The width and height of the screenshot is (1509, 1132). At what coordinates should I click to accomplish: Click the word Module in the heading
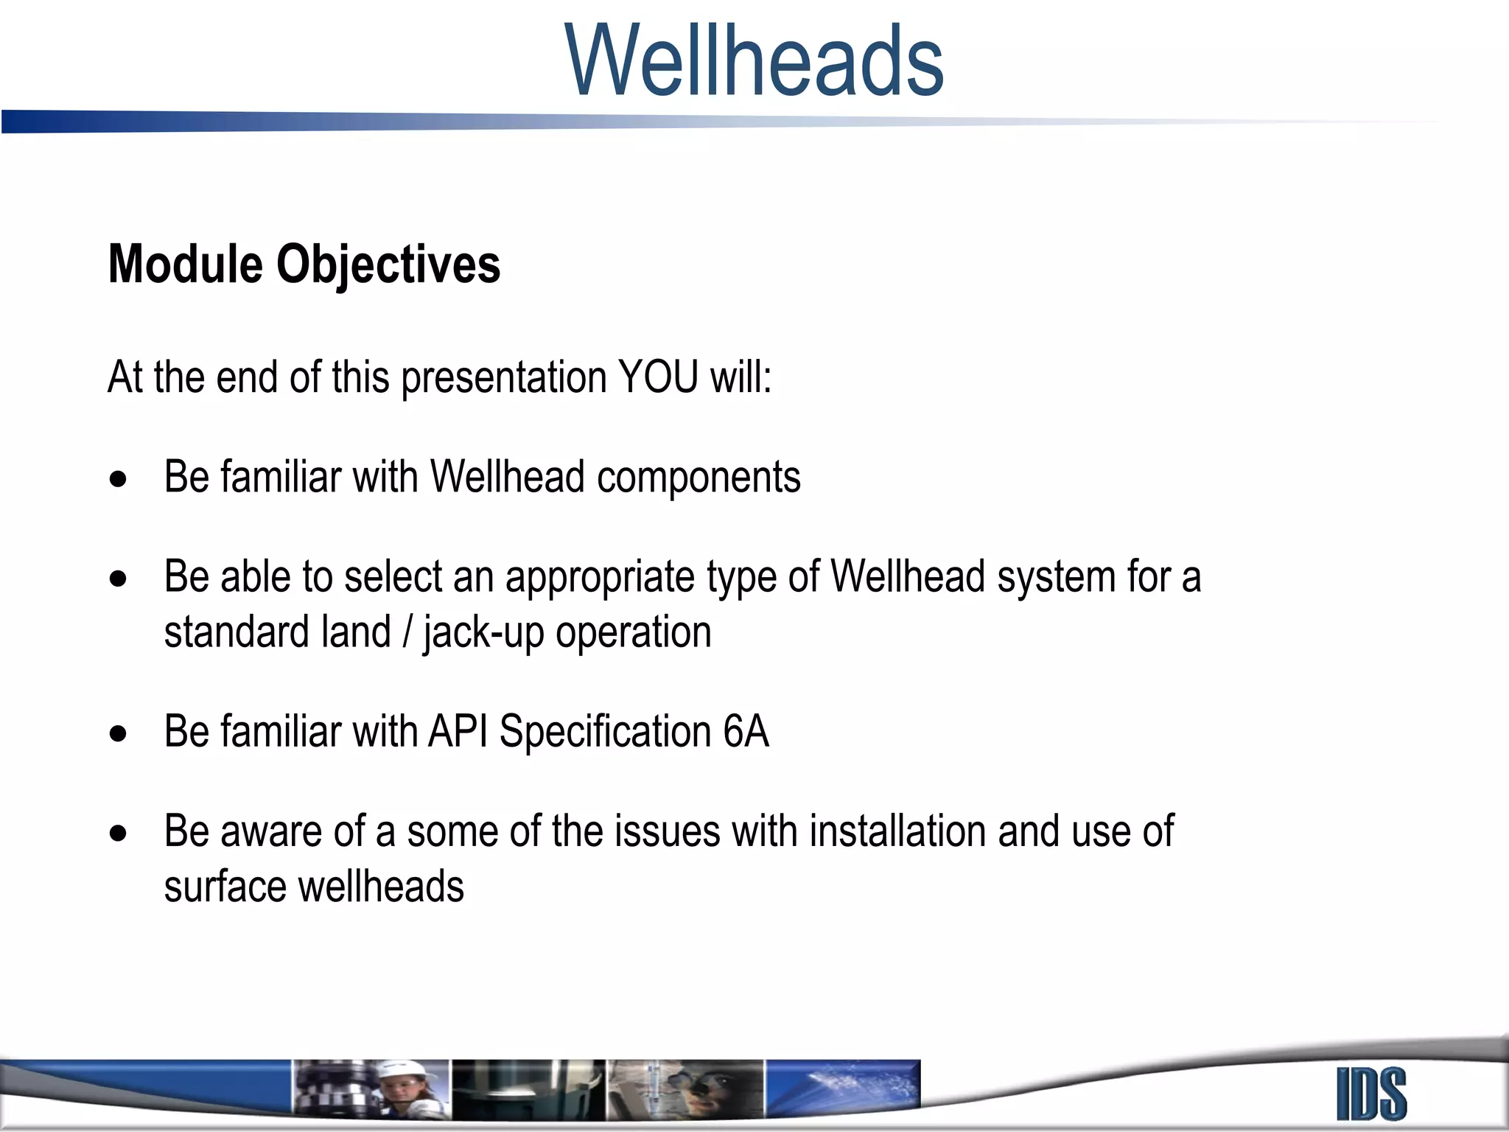click(185, 264)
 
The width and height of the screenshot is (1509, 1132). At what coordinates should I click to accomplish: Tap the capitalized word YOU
click(658, 377)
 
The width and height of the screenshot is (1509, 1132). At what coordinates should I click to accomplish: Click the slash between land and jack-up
click(407, 633)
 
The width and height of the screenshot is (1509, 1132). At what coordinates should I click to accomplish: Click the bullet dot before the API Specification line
click(118, 734)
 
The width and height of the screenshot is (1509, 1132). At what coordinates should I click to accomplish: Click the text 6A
click(746, 732)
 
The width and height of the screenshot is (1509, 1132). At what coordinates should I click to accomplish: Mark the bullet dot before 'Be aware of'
click(118, 834)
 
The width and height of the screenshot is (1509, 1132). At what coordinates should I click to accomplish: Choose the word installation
click(897, 831)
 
